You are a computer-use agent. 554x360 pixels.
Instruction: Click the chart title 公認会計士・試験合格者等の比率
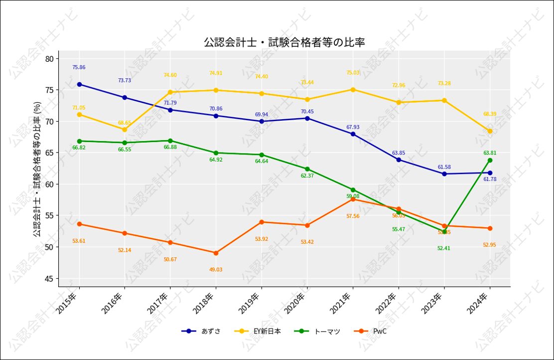(284, 42)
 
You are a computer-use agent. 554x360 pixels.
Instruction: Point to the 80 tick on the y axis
(49, 59)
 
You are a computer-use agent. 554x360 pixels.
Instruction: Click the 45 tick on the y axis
(49, 278)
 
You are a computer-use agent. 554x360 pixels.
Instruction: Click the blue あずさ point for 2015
(79, 84)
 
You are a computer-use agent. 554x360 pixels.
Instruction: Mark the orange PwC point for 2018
(216, 253)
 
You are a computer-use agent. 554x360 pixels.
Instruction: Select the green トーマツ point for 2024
(490, 160)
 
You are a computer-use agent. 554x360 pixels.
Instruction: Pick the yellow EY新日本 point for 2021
(353, 90)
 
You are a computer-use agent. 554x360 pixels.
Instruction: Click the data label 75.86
(79, 67)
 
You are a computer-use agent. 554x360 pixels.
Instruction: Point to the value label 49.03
(216, 270)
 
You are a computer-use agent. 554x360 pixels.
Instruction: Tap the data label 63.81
(490, 153)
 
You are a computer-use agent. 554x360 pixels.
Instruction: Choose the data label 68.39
(490, 114)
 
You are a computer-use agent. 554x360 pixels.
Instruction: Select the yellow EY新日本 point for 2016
(125, 130)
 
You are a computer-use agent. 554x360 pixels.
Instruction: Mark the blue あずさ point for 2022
(399, 160)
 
